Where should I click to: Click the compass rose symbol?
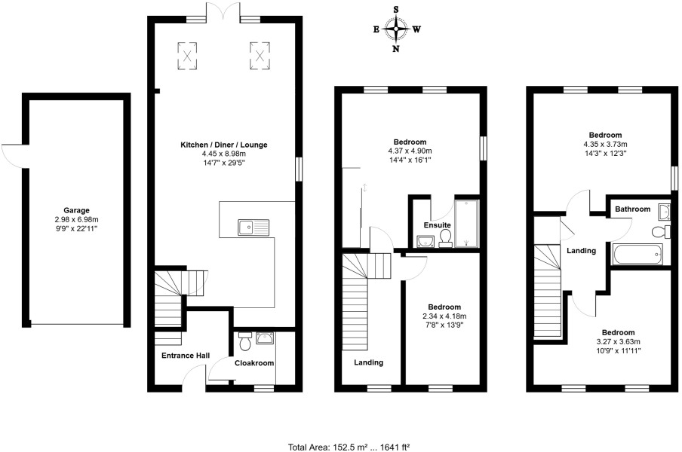click(x=396, y=30)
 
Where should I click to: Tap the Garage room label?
click(x=76, y=210)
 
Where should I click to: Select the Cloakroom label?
click(x=253, y=363)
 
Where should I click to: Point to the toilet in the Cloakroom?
click(x=244, y=342)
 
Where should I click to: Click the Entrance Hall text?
click(x=185, y=356)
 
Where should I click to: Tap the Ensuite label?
click(x=437, y=224)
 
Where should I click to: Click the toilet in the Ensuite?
click(x=445, y=238)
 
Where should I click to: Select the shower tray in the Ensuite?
click(x=467, y=223)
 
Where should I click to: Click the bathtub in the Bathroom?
click(x=637, y=254)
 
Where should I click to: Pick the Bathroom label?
click(x=632, y=209)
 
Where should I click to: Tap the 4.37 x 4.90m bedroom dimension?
click(x=410, y=151)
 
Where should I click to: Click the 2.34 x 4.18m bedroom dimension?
click(x=444, y=316)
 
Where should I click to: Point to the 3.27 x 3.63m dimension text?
click(x=617, y=341)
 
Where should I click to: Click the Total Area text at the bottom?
click(x=349, y=447)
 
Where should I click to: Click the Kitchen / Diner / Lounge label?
click(x=223, y=145)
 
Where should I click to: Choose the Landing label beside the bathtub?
click(x=582, y=251)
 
